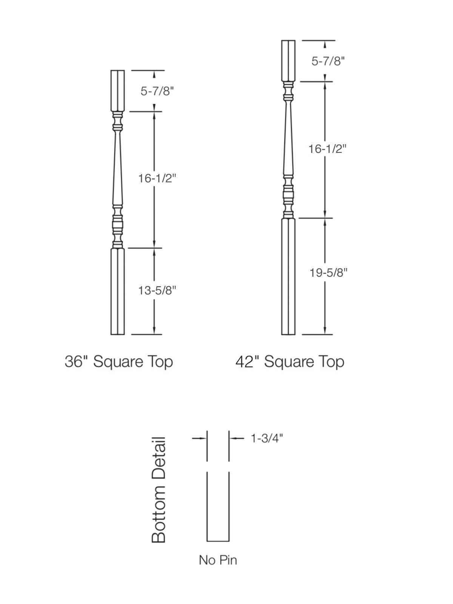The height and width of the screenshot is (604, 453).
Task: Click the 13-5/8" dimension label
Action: pos(157,290)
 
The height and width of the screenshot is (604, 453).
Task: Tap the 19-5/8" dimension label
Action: pos(328,273)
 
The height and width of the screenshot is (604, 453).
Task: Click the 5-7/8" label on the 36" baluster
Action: pos(157,91)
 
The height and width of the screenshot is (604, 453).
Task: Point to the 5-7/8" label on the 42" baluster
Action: pos(328,61)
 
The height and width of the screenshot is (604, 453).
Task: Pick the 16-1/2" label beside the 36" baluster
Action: pos(157,178)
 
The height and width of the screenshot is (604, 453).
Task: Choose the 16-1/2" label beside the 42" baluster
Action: pos(327,149)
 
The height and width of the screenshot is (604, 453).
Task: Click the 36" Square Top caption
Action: pos(119,362)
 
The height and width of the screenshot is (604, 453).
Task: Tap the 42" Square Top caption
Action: pos(290,362)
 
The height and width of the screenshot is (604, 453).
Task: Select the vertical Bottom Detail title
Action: pos(159,490)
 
